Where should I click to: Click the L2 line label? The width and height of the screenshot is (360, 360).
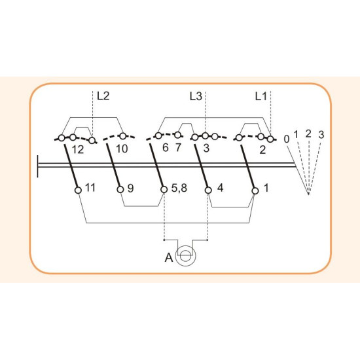[x=103, y=96]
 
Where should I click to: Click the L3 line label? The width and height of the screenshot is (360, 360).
[x=196, y=96]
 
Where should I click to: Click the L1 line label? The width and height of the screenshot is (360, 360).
[x=261, y=96]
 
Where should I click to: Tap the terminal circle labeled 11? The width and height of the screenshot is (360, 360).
[x=79, y=190]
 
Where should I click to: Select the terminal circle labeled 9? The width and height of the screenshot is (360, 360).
[x=120, y=190]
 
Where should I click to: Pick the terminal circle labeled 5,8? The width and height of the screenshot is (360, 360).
[x=164, y=190]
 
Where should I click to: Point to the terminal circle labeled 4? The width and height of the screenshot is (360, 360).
[x=208, y=190]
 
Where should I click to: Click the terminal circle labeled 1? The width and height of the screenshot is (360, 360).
[x=255, y=190]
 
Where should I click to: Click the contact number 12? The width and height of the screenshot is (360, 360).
[x=78, y=150]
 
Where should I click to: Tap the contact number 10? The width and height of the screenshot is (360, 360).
[x=122, y=149]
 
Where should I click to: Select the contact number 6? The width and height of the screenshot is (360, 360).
[x=166, y=148]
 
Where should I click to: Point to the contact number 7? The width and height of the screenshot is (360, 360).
[x=178, y=148]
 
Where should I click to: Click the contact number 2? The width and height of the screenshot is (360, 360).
[x=262, y=150]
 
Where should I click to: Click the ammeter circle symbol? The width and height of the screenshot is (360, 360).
[x=185, y=256]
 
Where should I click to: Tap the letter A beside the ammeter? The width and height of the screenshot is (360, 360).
[x=169, y=258]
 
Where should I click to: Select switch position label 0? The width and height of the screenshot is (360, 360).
[x=287, y=139]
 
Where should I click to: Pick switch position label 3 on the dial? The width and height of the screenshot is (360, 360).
[x=321, y=135]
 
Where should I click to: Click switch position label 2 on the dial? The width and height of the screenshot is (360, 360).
[x=308, y=134]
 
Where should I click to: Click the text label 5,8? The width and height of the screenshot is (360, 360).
[x=179, y=188]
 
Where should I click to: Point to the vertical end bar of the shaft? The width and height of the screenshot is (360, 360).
[x=37, y=166]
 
